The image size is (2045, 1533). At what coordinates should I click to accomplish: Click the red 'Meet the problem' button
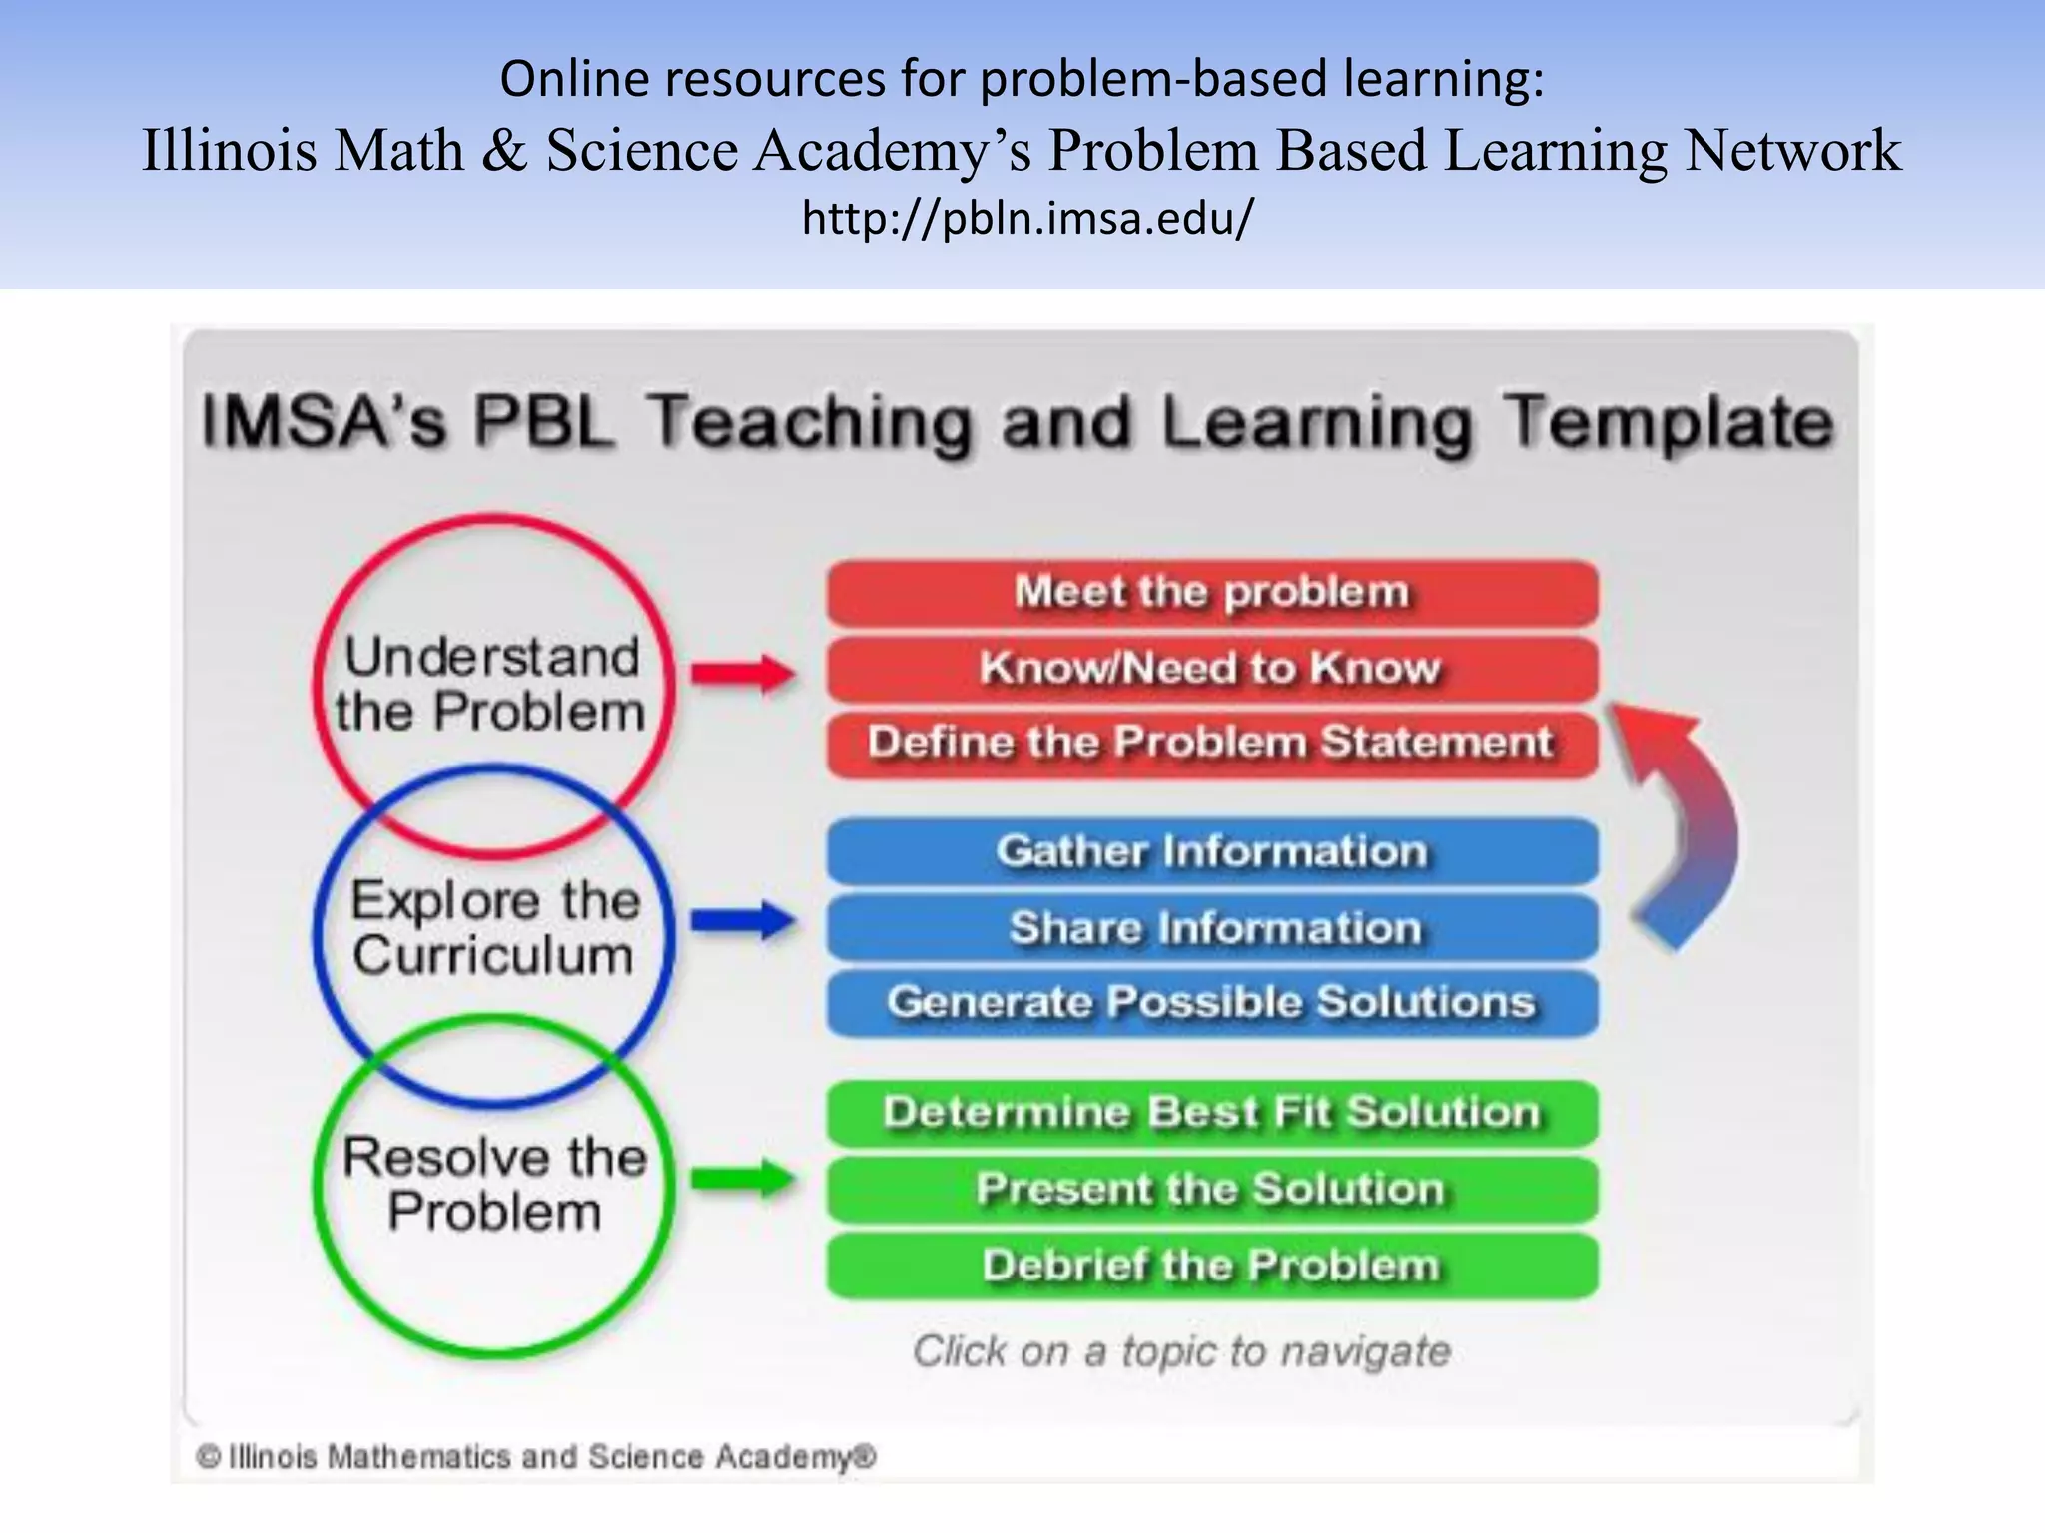coord(1211,592)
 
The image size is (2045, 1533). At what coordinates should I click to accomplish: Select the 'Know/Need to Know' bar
coord(1211,668)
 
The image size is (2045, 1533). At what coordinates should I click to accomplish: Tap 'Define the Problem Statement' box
coord(1211,743)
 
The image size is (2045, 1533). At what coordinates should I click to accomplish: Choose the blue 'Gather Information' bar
coord(1211,851)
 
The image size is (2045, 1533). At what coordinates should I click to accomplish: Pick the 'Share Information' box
coord(1211,927)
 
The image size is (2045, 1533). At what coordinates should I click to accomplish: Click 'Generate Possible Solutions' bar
coord(1211,1002)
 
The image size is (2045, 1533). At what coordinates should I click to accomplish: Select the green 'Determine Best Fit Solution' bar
coord(1211,1113)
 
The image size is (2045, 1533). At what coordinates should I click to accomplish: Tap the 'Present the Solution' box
coord(1211,1189)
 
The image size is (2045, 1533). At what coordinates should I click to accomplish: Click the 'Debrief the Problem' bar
coord(1211,1265)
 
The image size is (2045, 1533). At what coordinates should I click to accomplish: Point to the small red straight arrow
coord(743,674)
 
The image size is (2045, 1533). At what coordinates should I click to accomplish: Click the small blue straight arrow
coord(743,920)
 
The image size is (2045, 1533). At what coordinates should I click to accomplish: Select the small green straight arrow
coord(743,1179)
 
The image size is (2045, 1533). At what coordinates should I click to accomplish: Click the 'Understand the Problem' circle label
coord(491,685)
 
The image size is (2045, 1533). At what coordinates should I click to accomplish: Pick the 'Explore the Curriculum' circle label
coord(494,928)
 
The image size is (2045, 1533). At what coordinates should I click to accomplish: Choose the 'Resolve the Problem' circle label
coord(494,1185)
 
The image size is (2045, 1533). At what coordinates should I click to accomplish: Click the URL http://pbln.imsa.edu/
coord(1026,218)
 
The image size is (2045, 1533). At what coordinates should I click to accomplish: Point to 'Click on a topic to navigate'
coord(1181,1351)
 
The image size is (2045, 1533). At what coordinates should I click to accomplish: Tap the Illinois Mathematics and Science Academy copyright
coord(536,1457)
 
